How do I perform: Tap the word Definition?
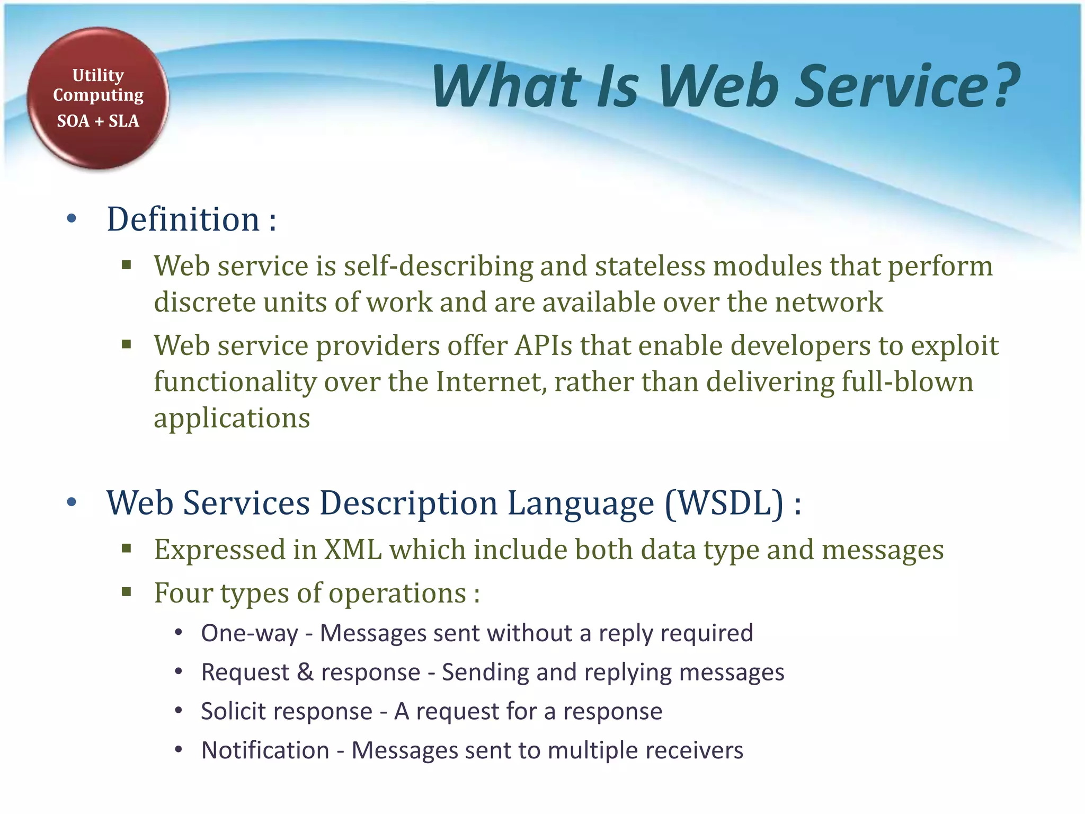[183, 219]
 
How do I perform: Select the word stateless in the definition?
[650, 266]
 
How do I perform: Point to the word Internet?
[491, 382]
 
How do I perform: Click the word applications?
[232, 419]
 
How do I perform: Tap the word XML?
[353, 550]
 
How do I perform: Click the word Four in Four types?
[183, 593]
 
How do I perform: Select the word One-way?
[250, 633]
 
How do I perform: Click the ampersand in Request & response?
[305, 672]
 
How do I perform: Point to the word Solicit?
[234, 711]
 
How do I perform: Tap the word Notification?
[265, 750]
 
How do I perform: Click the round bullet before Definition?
[72, 219]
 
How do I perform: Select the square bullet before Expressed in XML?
[126, 548]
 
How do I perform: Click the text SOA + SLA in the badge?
[98, 121]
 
